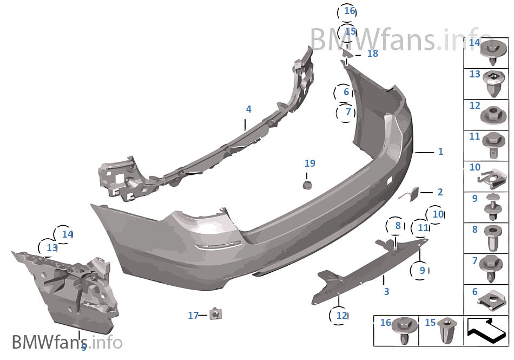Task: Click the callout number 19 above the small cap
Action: pyautogui.click(x=310, y=163)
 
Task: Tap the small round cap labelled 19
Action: pyautogui.click(x=307, y=185)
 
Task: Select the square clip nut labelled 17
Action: pyautogui.click(x=215, y=314)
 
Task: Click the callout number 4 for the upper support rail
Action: pyautogui.click(x=249, y=109)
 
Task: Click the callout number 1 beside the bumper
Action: pyautogui.click(x=441, y=151)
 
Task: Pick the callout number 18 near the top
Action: pyautogui.click(x=373, y=53)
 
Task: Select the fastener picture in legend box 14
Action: pyautogui.click(x=493, y=53)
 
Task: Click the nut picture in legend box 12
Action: pyautogui.click(x=493, y=115)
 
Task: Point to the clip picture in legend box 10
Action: pyautogui.click(x=492, y=179)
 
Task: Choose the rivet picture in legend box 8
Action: pyautogui.click(x=493, y=238)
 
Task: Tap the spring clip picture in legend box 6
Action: pyautogui.click(x=492, y=300)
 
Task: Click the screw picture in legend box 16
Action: pyautogui.click(x=405, y=330)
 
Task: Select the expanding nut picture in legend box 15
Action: pyautogui.click(x=447, y=330)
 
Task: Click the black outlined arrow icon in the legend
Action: pyautogui.click(x=486, y=331)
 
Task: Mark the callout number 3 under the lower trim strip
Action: pyautogui.click(x=386, y=291)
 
